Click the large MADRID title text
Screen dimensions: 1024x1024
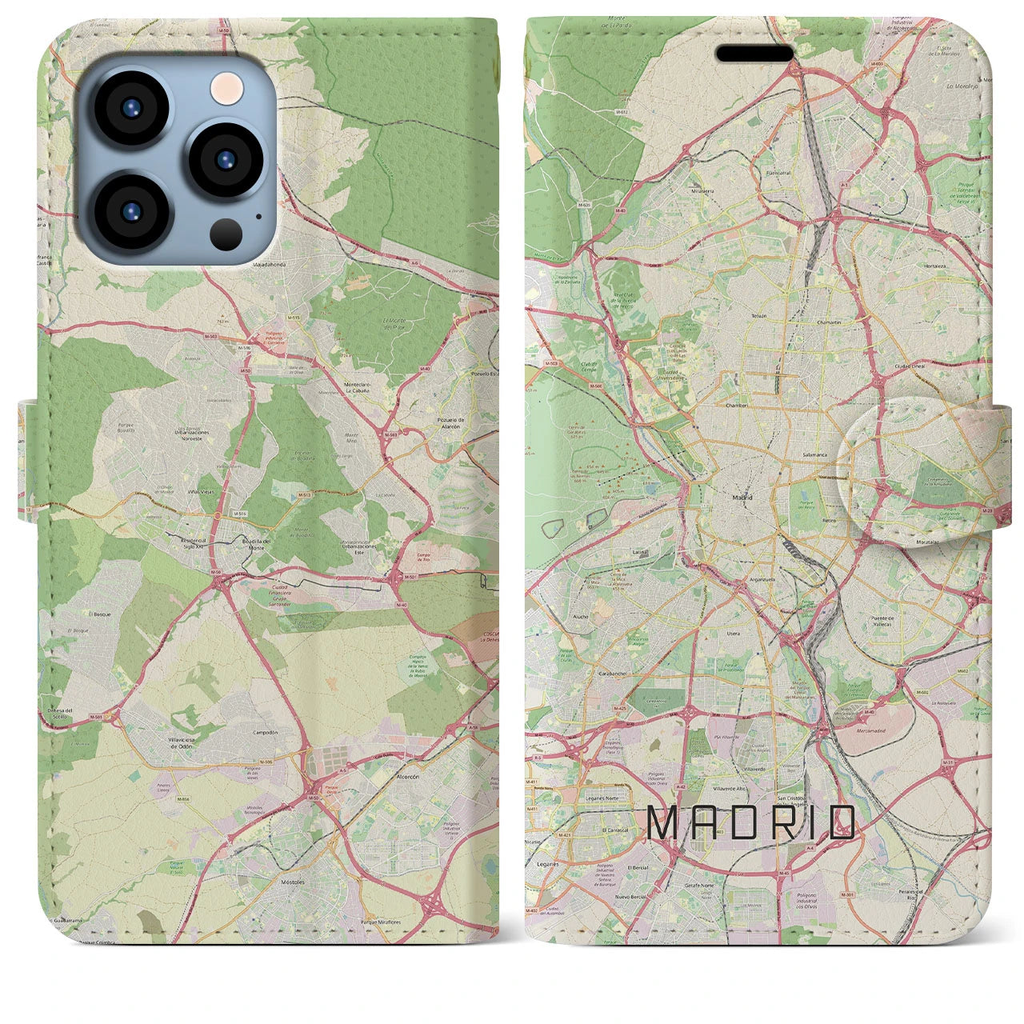tap(750, 823)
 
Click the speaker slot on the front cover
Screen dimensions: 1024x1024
tap(754, 54)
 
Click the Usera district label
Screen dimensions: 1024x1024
tap(733, 634)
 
